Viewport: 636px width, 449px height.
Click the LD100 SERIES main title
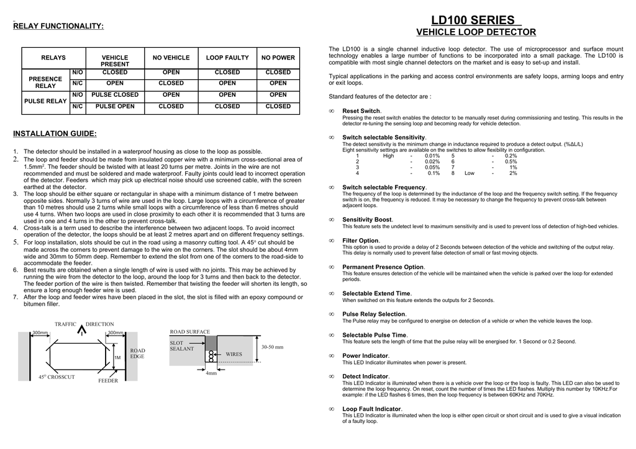(x=473, y=20)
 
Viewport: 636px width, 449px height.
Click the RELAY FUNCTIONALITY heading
(x=58, y=25)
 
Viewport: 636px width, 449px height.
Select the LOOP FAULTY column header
(x=227, y=58)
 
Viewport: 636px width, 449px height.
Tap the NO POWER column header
(x=278, y=58)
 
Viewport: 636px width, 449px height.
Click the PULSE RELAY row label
(x=46, y=100)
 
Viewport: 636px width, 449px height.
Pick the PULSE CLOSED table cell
(x=115, y=95)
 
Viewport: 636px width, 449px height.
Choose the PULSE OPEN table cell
(x=115, y=106)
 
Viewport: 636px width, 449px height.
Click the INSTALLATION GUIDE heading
(x=55, y=133)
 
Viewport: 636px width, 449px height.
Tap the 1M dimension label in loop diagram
(x=117, y=357)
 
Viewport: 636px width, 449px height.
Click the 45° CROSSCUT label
(x=57, y=376)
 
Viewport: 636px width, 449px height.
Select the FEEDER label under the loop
(x=108, y=380)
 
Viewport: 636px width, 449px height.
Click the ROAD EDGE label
(x=137, y=353)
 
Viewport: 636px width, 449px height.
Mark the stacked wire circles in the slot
(x=211, y=355)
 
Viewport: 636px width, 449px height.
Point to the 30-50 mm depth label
(x=272, y=347)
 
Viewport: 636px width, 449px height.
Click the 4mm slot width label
(x=211, y=373)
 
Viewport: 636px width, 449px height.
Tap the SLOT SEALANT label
(x=182, y=345)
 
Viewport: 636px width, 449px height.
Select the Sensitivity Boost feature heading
(x=367, y=220)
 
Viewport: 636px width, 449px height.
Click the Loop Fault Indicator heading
(x=371, y=409)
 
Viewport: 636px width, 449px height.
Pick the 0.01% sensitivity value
(x=432, y=156)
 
